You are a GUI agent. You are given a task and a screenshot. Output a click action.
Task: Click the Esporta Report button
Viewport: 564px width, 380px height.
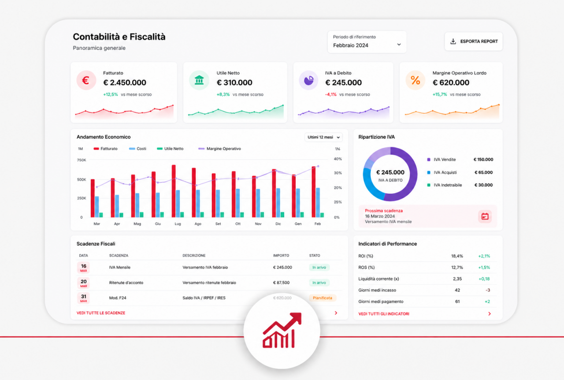pos(474,41)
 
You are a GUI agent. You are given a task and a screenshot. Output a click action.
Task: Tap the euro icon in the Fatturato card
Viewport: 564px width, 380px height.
pos(86,81)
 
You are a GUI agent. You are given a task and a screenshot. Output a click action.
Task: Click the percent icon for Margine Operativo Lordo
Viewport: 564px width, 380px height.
pos(415,81)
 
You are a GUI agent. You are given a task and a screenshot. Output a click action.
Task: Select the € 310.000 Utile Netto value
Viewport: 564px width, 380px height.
pos(234,82)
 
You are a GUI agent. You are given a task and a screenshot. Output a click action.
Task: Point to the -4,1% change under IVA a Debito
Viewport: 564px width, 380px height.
pos(330,94)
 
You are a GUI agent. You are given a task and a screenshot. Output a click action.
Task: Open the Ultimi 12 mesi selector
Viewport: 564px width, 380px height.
pos(323,137)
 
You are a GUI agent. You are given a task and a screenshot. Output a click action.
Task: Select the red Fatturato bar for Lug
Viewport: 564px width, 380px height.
pos(174,191)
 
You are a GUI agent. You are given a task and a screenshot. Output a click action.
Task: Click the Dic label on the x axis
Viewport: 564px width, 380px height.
pos(278,224)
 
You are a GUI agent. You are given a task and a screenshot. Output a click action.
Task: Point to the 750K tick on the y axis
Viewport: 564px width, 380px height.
pos(82,160)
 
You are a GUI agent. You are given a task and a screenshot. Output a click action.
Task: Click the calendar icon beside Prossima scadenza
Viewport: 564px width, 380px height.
pos(485,216)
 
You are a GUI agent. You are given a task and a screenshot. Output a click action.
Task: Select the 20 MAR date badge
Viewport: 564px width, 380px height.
pos(83,283)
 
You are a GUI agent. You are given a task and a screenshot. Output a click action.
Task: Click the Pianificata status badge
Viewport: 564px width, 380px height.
pos(323,298)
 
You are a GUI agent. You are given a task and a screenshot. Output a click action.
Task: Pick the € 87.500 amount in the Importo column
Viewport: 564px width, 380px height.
pos(281,283)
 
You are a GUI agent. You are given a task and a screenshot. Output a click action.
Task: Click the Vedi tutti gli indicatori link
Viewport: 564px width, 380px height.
pos(384,314)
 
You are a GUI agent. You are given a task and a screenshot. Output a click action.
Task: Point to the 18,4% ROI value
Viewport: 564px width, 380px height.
pos(457,256)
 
